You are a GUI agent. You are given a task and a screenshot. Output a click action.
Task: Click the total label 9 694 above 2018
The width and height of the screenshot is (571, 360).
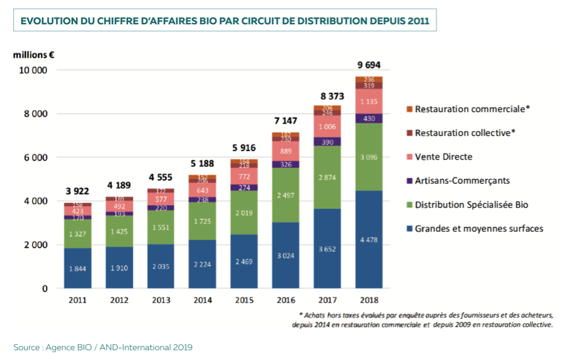pos(369,65)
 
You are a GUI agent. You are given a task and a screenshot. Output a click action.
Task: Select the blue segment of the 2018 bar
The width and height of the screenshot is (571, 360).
pos(369,239)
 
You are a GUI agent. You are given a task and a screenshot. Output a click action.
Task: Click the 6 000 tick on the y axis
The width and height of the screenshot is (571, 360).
pos(36,158)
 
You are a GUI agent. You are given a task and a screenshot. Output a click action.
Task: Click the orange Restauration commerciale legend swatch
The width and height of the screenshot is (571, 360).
pos(409,109)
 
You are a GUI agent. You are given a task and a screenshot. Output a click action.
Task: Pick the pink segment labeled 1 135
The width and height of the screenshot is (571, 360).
pos(369,101)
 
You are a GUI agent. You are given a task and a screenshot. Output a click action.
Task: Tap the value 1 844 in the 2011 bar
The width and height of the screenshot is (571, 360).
pos(77,268)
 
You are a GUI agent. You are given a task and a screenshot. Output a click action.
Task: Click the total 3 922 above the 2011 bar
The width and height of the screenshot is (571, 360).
pos(77,191)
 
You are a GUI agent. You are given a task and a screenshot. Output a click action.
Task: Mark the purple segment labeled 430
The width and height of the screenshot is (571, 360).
pos(369,118)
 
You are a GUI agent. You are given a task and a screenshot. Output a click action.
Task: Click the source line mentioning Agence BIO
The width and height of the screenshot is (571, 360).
pos(103,347)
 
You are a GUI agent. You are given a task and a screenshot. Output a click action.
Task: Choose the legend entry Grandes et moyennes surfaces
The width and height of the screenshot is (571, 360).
pos(479,228)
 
